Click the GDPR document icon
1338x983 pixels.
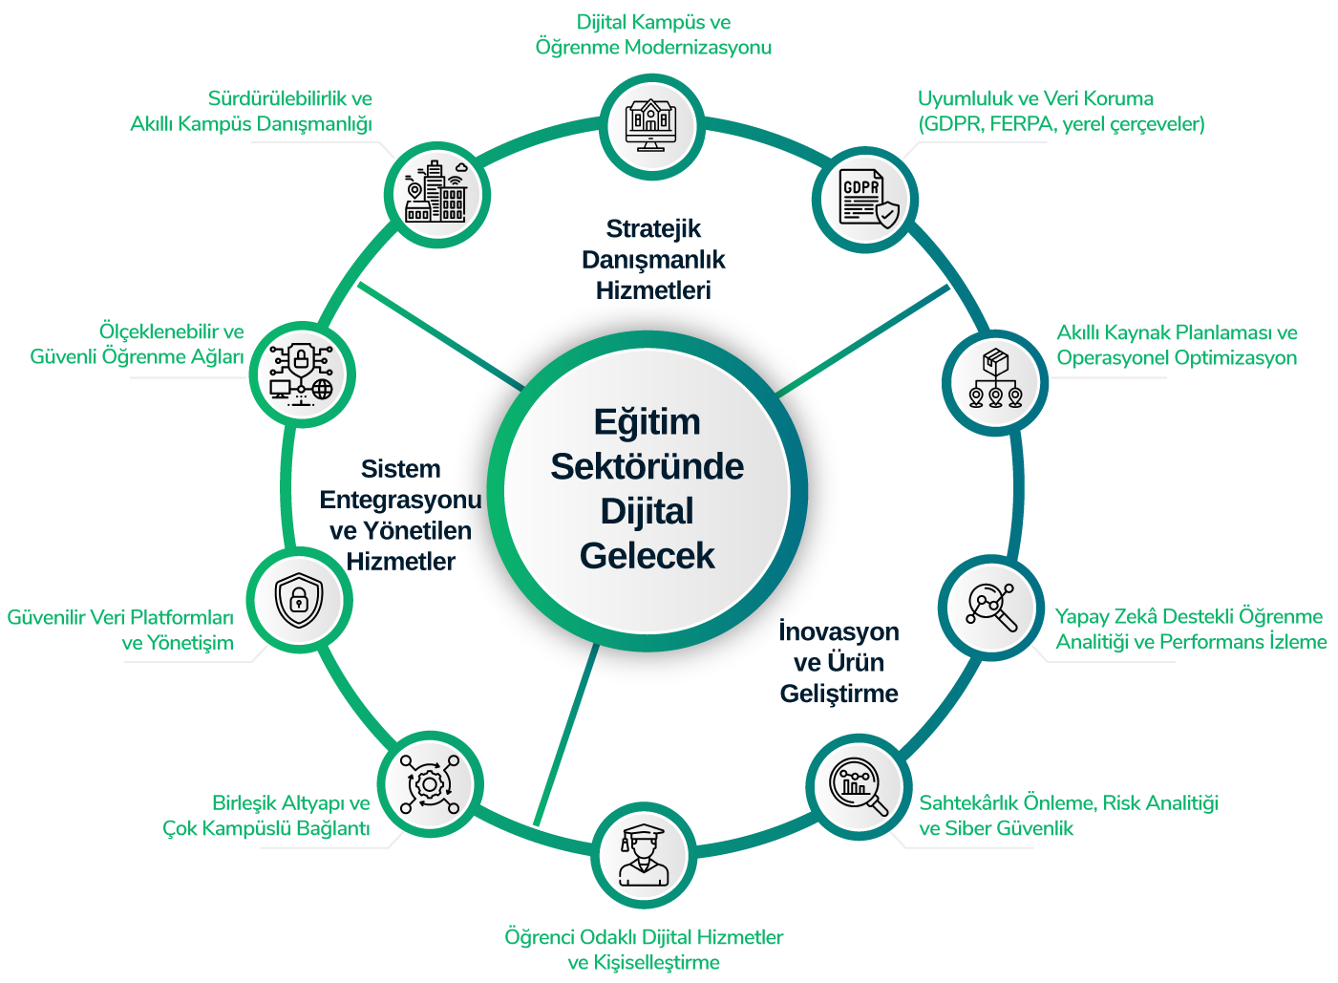coord(867,200)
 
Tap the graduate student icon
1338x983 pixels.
coord(642,856)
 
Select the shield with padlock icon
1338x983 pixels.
coord(299,601)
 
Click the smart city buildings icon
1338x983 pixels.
coord(436,193)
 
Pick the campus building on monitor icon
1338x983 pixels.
coord(651,125)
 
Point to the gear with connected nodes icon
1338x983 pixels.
coord(429,785)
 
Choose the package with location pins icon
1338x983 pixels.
coord(996,381)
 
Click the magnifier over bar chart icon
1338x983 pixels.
coord(858,786)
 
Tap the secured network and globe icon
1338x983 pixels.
coord(301,373)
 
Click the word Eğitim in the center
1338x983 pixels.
coord(647,422)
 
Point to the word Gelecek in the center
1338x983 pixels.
coord(647,556)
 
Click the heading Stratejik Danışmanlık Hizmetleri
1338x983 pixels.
coord(653,260)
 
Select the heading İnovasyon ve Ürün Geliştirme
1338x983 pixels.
coord(839,662)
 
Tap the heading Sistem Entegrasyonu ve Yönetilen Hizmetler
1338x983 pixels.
coord(400,515)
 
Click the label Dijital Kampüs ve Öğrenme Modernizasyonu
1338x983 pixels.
coord(653,34)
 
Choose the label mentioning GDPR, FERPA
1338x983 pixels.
coord(1060,112)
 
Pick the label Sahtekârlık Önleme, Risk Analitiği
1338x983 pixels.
coord(1068,816)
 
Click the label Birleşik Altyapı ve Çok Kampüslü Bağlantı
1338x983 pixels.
coord(266,816)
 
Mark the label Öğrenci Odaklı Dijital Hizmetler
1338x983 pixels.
coord(644,950)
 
